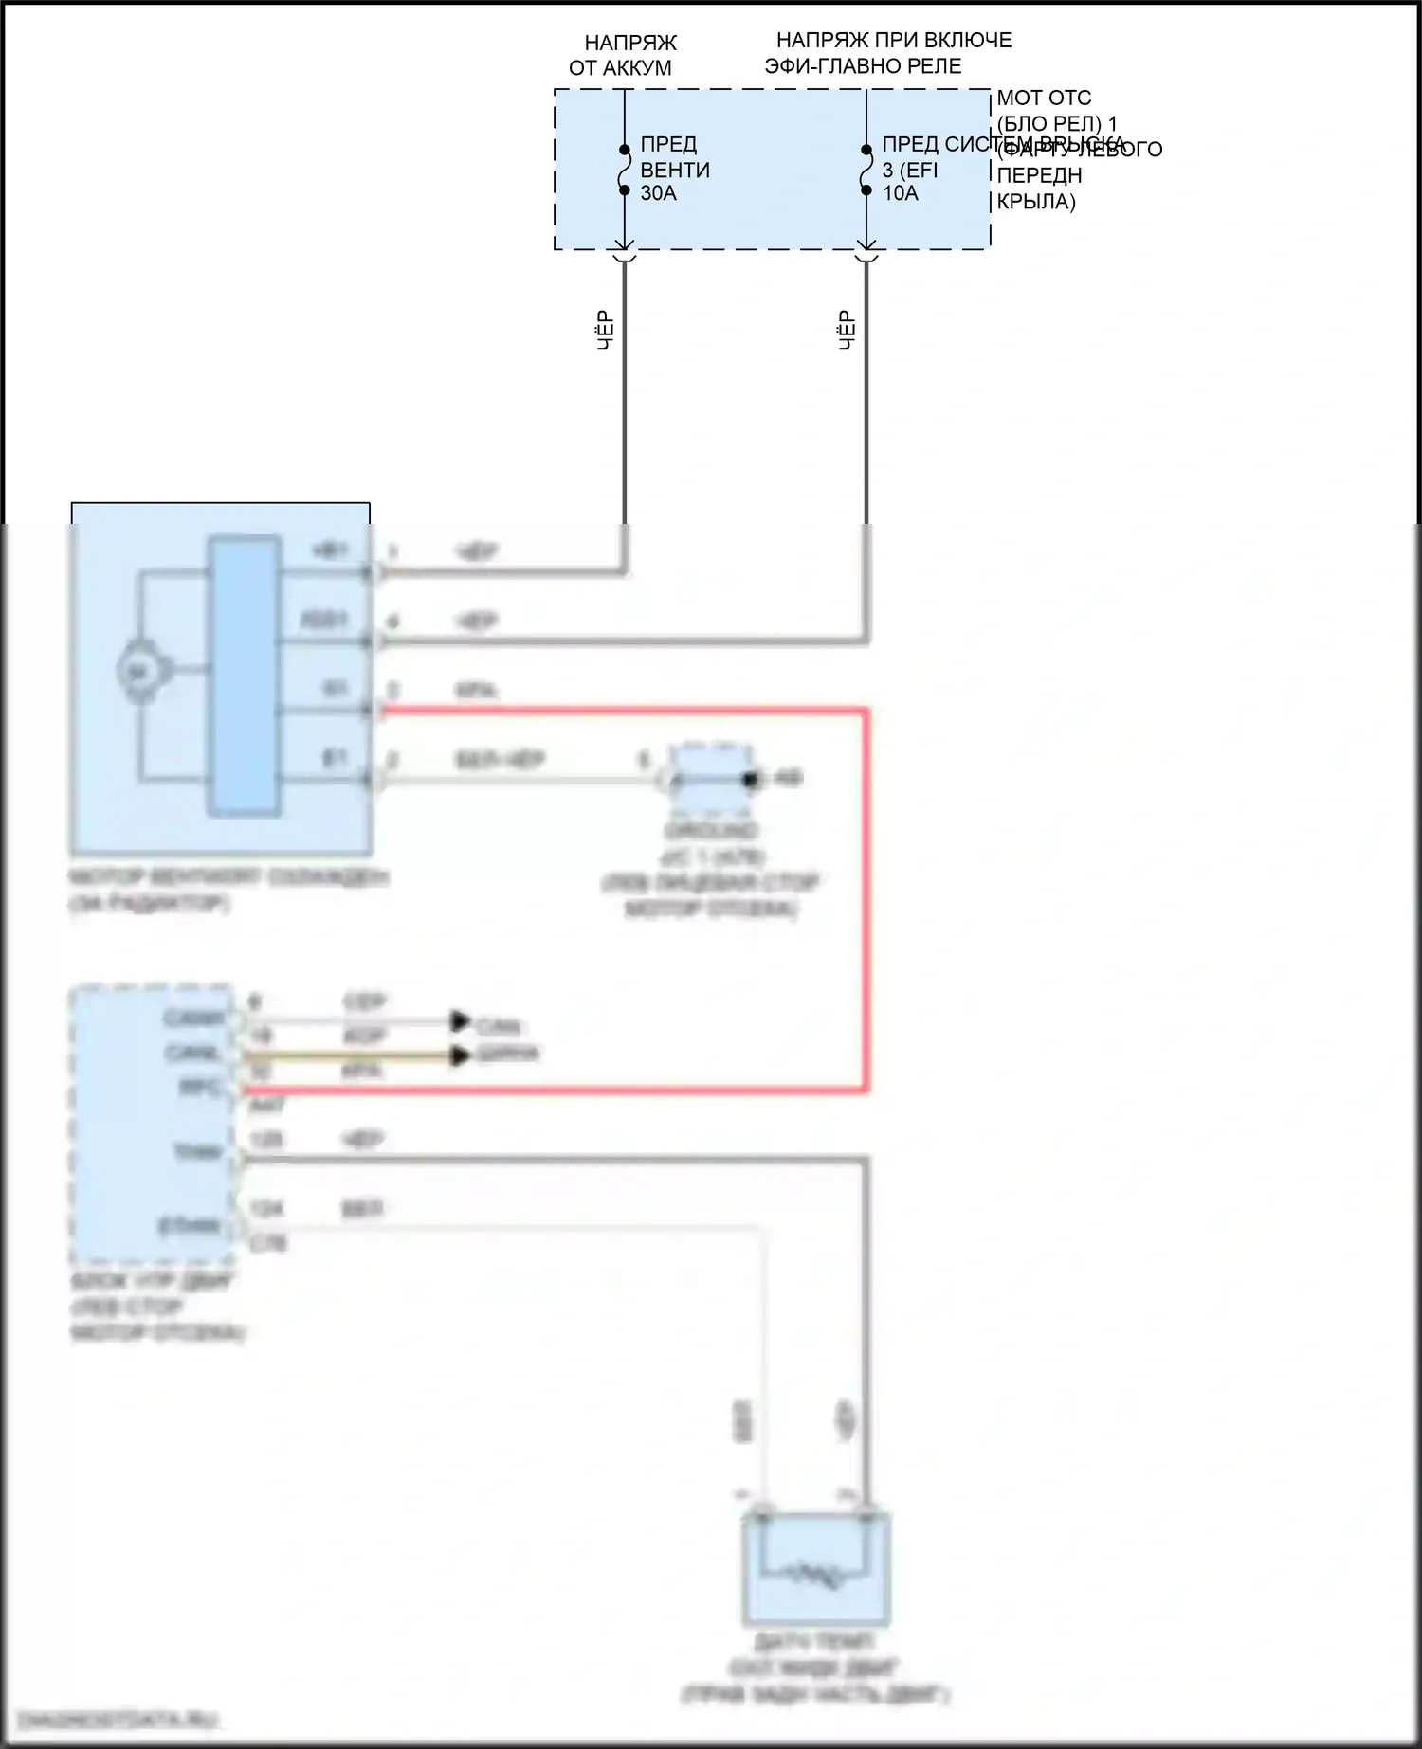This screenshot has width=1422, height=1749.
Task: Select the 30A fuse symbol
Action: click(x=624, y=171)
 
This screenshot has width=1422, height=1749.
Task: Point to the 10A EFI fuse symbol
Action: click(x=866, y=171)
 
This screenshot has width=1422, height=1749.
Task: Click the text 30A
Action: click(x=658, y=193)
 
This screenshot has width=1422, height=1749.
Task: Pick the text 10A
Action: click(x=900, y=193)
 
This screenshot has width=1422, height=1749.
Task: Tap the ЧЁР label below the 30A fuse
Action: click(x=605, y=331)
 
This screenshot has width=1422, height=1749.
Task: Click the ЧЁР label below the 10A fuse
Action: click(x=847, y=331)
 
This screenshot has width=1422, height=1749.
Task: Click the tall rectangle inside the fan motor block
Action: click(x=244, y=676)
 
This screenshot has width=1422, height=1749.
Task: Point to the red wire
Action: click(x=865, y=900)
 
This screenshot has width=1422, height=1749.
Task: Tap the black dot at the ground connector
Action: click(x=751, y=780)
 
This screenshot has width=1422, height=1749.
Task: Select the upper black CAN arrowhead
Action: click(x=461, y=1021)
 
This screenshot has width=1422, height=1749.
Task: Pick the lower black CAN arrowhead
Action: click(x=461, y=1055)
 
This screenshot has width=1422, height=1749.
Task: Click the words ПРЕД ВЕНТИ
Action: click(x=674, y=156)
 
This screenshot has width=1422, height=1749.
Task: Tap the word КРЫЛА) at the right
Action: click(x=1036, y=201)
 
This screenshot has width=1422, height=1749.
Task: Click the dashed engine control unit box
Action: click(x=153, y=1125)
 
